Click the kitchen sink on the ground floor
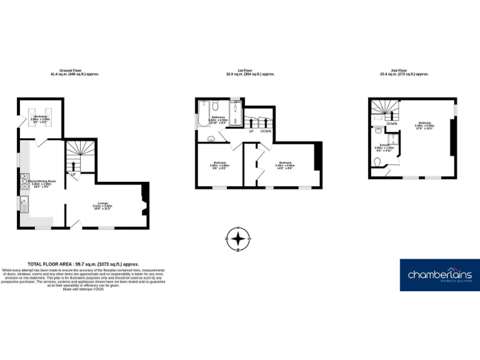coord(24,202)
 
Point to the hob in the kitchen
coord(24,181)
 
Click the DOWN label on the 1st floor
coord(266,131)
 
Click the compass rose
coord(238,239)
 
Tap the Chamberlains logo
coord(440,274)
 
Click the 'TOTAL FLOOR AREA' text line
coord(83,264)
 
